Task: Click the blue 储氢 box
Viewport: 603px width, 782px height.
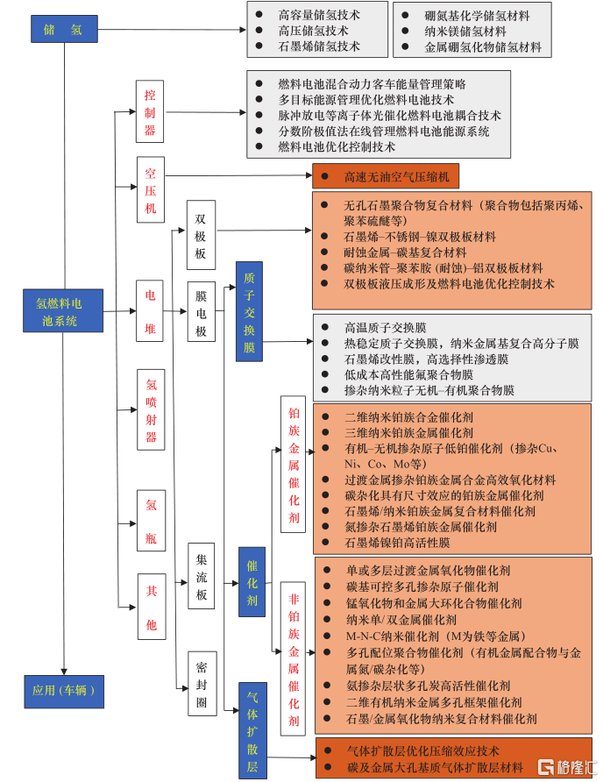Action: pyautogui.click(x=64, y=29)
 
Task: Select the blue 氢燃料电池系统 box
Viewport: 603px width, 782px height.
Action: pyautogui.click(x=62, y=310)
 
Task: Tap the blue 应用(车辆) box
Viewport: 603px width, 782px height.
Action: pyautogui.click(x=64, y=691)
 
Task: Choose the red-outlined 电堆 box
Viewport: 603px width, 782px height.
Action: pyautogui.click(x=150, y=311)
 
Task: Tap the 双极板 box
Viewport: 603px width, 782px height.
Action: pyautogui.click(x=201, y=236)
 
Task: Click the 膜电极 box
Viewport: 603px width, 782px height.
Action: pyautogui.click(x=201, y=311)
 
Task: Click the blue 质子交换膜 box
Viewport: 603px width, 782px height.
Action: pyautogui.click(x=249, y=311)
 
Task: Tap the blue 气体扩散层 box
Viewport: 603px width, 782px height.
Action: pyautogui.click(x=252, y=730)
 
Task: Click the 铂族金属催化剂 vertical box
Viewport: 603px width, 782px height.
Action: pyautogui.click(x=294, y=465)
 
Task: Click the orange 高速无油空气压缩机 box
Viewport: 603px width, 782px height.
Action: pyautogui.click(x=385, y=177)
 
